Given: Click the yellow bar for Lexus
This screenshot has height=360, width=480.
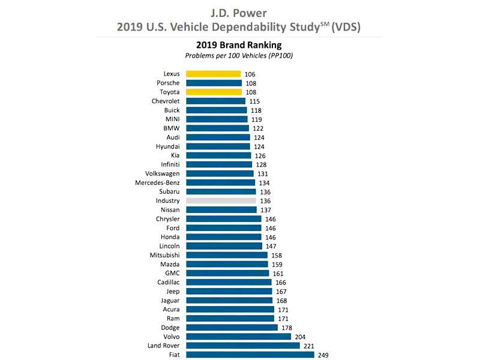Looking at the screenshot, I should pyautogui.click(x=213, y=74).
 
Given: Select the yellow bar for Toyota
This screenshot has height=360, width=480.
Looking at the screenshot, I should pyautogui.click(x=214, y=92).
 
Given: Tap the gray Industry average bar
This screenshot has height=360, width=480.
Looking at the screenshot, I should pyautogui.click(x=221, y=201).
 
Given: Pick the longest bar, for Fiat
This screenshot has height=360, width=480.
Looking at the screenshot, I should pyautogui.click(x=250, y=355).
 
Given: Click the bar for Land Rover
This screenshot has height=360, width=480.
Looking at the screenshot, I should pyautogui.click(x=242, y=346).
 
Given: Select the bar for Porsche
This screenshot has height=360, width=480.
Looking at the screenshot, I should pyautogui.click(x=214, y=83).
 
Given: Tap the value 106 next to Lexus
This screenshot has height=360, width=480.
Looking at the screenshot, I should pyautogui.click(x=250, y=74).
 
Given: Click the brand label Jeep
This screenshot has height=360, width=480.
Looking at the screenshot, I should pyautogui.click(x=172, y=291).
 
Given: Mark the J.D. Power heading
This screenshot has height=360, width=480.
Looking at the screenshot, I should pyautogui.click(x=240, y=12).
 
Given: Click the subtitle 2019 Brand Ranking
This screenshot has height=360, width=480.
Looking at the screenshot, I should pyautogui.click(x=239, y=45).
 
